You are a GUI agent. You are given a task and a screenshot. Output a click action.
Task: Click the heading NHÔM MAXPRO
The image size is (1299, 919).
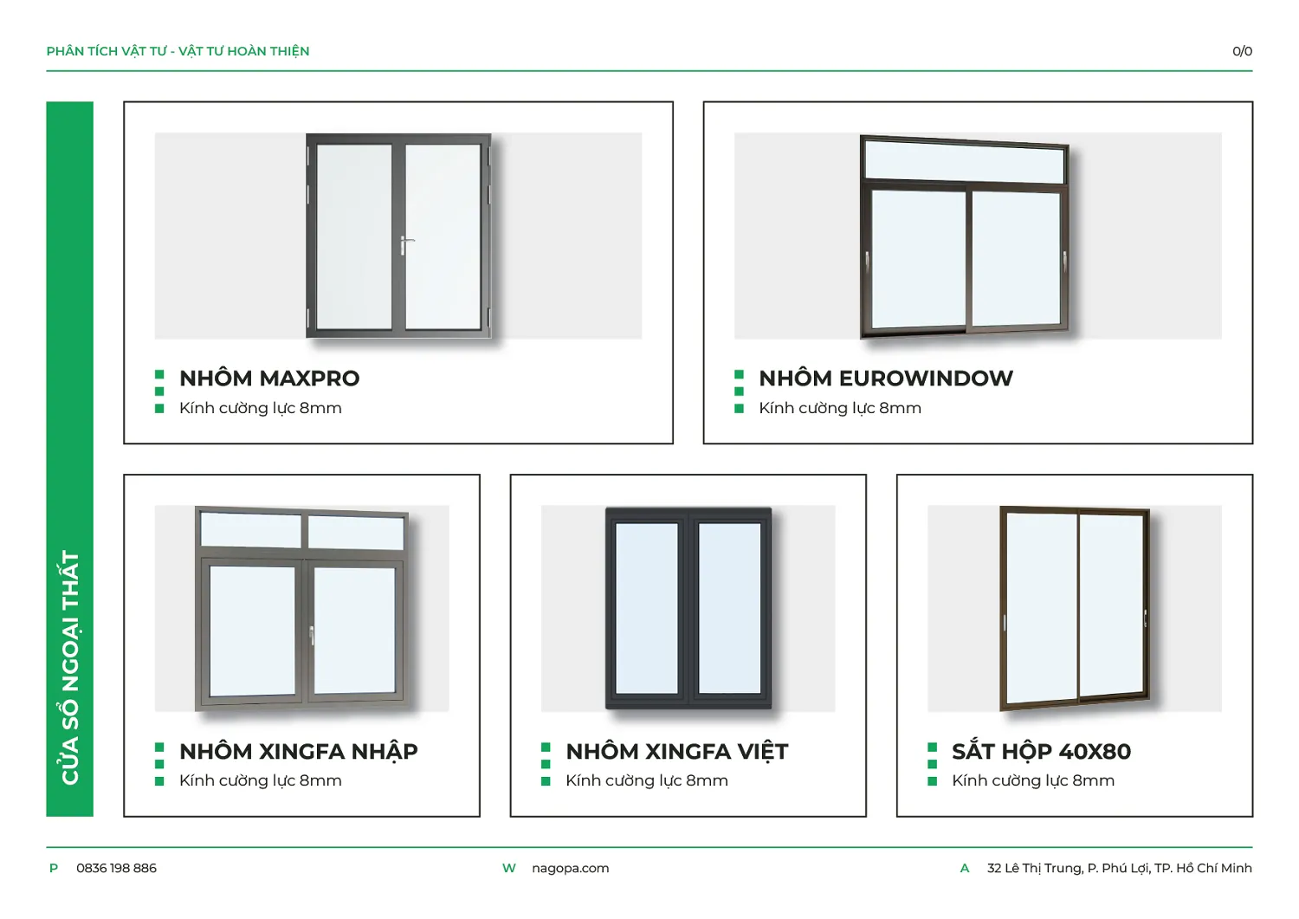coord(269,379)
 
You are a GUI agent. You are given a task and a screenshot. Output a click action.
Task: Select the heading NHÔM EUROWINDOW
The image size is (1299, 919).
coord(886,379)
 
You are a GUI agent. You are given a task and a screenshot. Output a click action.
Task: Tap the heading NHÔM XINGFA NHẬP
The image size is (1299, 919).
coord(298,751)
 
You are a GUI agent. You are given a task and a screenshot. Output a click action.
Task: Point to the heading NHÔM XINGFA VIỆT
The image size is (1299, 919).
coord(676,751)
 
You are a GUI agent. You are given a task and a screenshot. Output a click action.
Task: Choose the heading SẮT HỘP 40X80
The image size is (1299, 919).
coord(1041,751)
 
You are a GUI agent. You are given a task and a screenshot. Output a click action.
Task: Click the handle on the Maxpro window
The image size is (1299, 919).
coord(405,245)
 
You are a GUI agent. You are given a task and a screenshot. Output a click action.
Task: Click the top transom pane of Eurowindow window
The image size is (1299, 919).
coord(965,162)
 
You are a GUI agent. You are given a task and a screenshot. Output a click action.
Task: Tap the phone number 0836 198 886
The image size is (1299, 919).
coord(116,868)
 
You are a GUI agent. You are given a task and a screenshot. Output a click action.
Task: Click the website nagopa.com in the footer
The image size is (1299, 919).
coord(570,869)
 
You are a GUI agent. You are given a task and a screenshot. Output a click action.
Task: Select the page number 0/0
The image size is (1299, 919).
coord(1242,51)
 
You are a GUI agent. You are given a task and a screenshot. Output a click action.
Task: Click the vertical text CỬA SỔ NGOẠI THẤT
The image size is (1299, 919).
coord(70,667)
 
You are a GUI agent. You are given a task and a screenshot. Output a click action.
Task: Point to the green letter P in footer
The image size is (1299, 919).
coord(54,868)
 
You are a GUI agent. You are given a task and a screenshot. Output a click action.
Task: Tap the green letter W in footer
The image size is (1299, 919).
coord(508,868)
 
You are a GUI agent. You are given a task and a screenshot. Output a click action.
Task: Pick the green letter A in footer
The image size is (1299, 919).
coord(965,868)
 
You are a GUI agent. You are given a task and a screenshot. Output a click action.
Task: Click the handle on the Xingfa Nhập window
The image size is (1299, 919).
coord(312,635)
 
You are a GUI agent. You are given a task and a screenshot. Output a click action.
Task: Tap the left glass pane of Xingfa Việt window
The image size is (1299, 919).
coord(646,608)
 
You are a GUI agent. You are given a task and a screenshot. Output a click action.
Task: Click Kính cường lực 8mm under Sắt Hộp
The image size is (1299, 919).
coord(1033,781)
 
